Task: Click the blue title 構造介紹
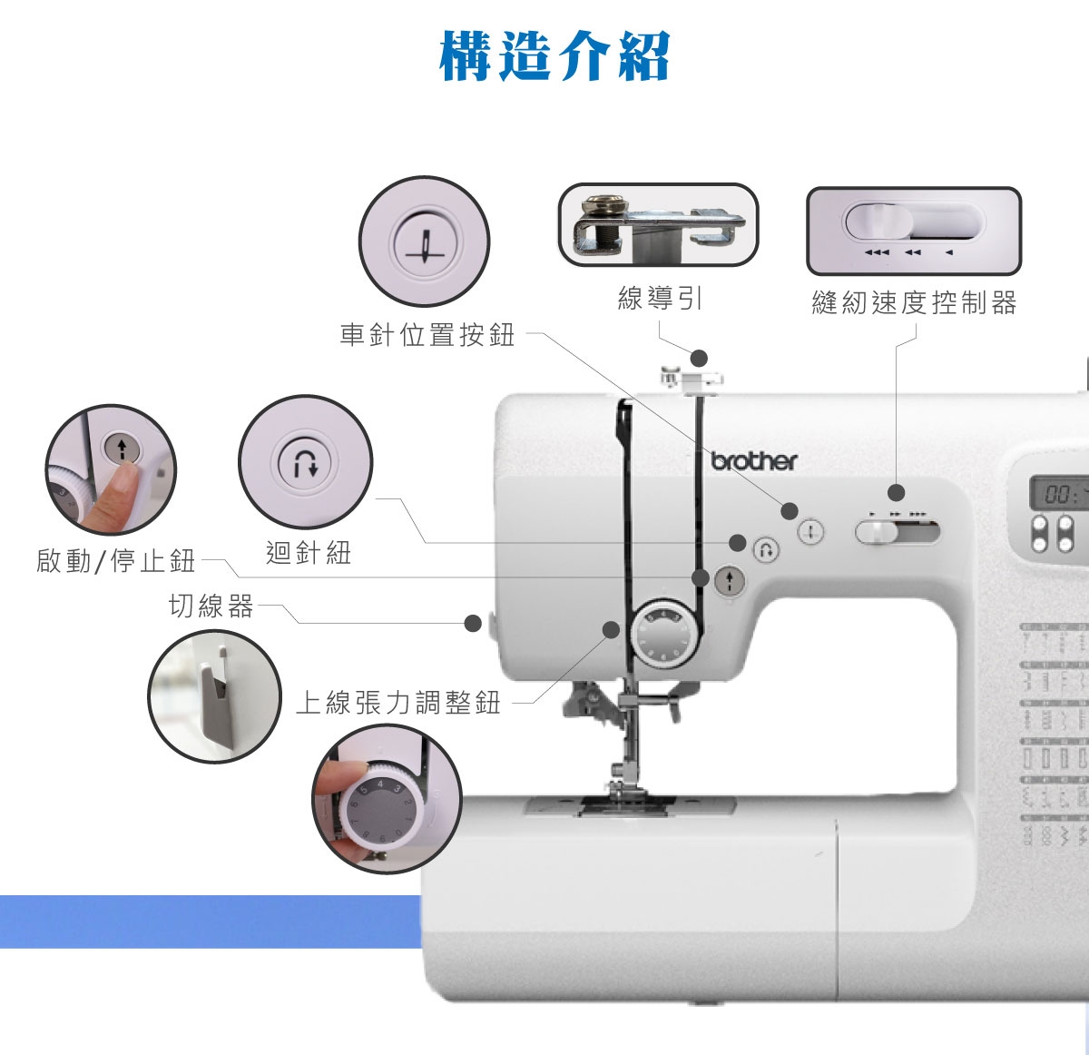tap(554, 56)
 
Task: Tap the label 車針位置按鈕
tap(427, 335)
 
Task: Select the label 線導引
tap(660, 298)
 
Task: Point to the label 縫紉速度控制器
tap(915, 303)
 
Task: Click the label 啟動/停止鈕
tap(116, 560)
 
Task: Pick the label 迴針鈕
tap(309, 553)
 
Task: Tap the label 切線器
tap(211, 606)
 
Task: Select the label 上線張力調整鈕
tap(398, 702)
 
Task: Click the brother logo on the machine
tap(754, 461)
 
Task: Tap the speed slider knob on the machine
tap(878, 532)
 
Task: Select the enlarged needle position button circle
tap(424, 242)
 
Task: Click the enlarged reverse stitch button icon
tap(305, 463)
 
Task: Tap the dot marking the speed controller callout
tap(897, 493)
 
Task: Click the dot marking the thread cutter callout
tap(473, 623)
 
